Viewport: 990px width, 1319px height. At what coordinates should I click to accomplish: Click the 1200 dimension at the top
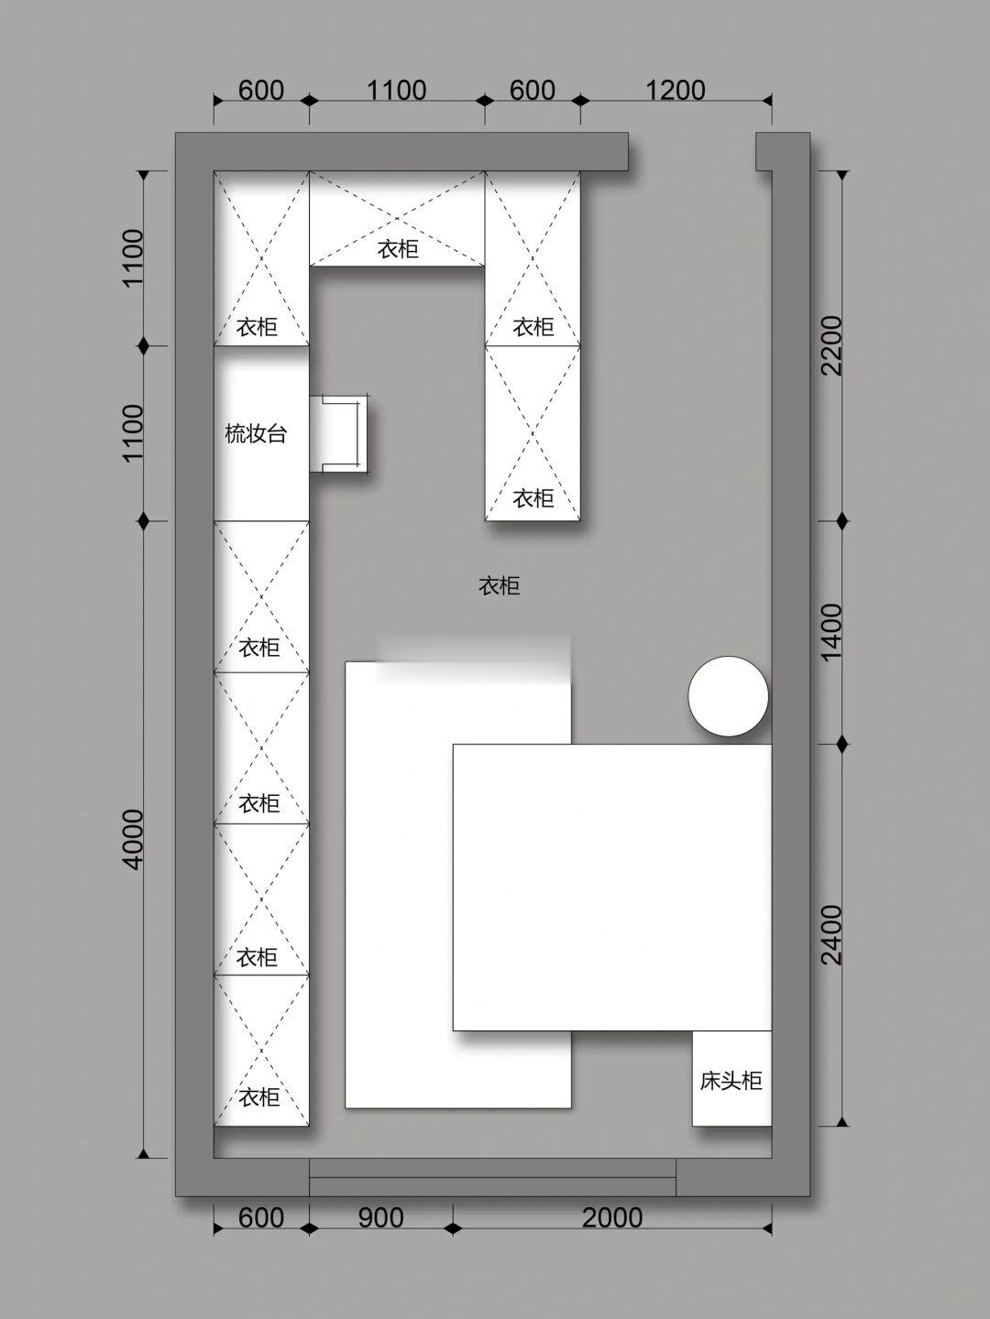tap(675, 91)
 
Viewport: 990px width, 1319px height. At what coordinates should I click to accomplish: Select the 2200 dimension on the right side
tap(832, 345)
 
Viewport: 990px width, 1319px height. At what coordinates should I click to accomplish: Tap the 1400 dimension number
tap(832, 633)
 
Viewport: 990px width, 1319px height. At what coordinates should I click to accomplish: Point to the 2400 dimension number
tap(832, 935)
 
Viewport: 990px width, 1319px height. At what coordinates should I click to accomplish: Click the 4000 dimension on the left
tap(133, 839)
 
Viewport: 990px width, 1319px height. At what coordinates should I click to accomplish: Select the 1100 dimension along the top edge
tap(397, 91)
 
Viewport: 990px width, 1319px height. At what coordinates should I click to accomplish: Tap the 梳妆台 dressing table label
tap(256, 433)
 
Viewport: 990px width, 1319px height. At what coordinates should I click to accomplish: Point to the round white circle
tap(728, 696)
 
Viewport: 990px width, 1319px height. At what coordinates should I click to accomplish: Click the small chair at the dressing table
tap(338, 434)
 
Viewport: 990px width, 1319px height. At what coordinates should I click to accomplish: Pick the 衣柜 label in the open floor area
tap(499, 585)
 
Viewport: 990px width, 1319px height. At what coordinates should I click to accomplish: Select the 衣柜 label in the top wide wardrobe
tap(398, 249)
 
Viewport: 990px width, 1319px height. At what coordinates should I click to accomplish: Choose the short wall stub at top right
tap(764, 151)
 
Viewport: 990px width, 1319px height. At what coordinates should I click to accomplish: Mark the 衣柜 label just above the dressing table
tap(257, 327)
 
